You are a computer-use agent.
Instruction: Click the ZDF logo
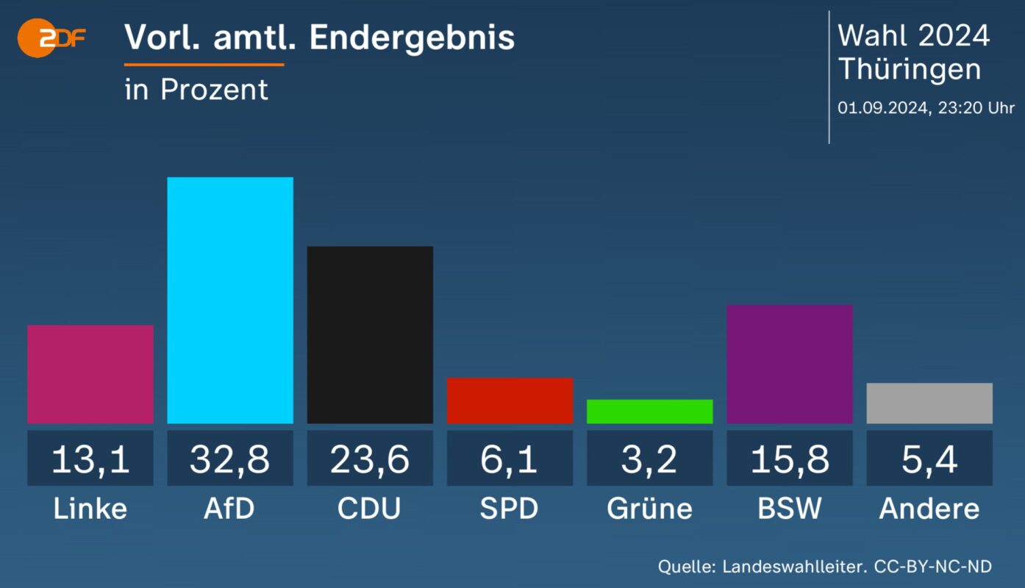click(50, 39)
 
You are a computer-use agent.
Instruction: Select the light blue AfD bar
click(230, 300)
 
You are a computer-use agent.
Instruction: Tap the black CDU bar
click(370, 334)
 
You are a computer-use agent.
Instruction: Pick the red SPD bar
click(510, 401)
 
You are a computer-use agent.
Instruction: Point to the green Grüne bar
click(649, 412)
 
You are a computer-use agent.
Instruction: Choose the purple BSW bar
click(790, 364)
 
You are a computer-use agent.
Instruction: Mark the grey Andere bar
click(929, 404)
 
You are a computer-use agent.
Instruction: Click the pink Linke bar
click(90, 374)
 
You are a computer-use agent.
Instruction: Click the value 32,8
click(230, 459)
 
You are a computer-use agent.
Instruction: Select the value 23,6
click(370, 459)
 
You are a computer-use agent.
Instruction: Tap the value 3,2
click(649, 459)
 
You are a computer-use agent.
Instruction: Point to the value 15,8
click(790, 459)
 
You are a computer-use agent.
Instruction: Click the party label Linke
click(90, 509)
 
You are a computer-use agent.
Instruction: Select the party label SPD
click(510, 509)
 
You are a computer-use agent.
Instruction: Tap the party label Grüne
click(649, 509)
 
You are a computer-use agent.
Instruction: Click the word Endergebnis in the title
click(412, 38)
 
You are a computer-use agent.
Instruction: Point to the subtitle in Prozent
click(196, 90)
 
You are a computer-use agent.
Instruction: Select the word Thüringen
click(910, 69)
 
